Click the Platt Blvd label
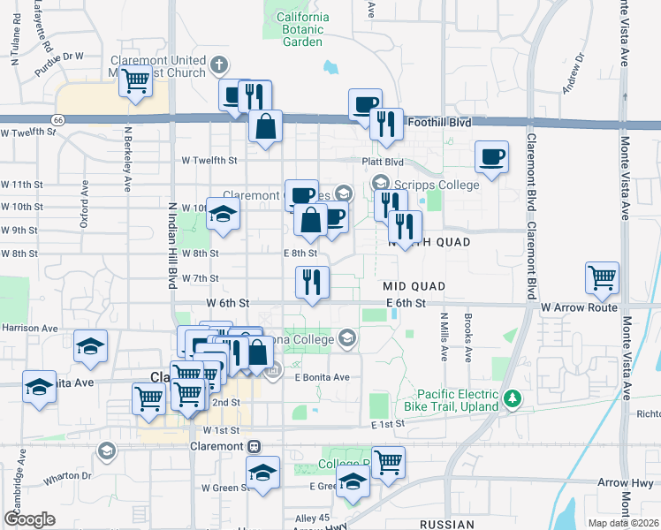(383, 162)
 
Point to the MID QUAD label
(413, 287)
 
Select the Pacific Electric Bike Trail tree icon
(511, 399)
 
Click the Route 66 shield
(58, 118)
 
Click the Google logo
(29, 519)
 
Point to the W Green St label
(224, 487)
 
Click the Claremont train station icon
(254, 446)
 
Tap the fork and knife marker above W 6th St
(311, 283)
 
